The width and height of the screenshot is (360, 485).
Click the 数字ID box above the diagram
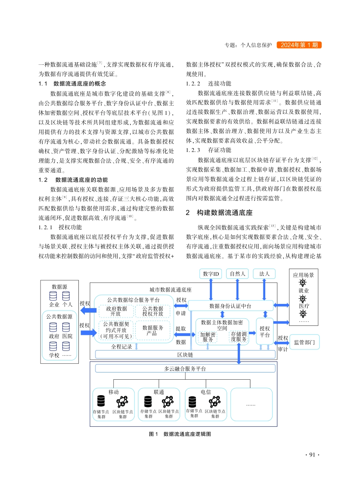pos(211,274)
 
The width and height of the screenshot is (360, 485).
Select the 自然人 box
pos(238,274)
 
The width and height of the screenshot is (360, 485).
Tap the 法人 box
pos(264,274)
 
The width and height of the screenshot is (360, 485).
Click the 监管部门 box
pos(304,342)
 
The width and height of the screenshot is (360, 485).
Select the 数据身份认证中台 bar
pos(230,306)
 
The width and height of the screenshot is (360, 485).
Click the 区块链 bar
pos(185,355)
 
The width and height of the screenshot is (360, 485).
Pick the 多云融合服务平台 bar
pos(185,368)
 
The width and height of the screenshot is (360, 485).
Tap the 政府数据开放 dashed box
pos(116,311)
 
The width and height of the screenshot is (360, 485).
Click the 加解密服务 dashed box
pos(208,337)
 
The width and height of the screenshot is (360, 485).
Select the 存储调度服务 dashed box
pos(238,337)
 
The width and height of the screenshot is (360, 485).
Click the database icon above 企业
pos(53,296)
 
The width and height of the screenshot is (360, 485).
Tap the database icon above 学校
pos(53,346)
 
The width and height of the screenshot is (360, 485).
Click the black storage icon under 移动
pos(101,401)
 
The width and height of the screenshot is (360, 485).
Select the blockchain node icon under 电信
pos(215,401)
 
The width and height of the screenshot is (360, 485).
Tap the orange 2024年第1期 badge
pos(299,45)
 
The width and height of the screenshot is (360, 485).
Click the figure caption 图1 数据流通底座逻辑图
pos(180,434)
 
